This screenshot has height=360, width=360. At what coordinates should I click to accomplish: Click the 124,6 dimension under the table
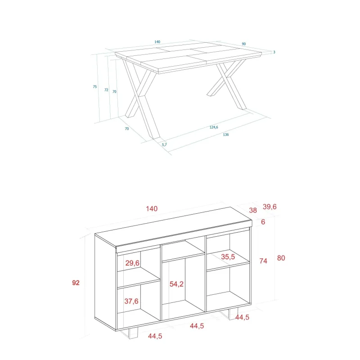tap(214, 127)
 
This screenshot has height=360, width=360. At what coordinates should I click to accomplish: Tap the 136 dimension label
tap(226, 135)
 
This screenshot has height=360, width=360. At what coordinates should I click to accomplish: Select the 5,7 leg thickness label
tap(164, 144)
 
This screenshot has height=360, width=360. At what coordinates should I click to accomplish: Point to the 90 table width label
tap(244, 44)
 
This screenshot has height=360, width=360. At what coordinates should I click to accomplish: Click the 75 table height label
tap(95, 86)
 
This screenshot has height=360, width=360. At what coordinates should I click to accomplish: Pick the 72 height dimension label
tap(106, 90)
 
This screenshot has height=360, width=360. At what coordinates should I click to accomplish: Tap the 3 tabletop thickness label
tap(274, 52)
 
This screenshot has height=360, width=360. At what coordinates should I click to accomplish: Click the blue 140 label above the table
tap(157, 42)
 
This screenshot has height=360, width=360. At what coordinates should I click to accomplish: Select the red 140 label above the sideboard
tap(152, 209)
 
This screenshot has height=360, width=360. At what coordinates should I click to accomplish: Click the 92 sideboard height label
tap(76, 283)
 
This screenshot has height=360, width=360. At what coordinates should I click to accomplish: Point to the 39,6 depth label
tap(270, 207)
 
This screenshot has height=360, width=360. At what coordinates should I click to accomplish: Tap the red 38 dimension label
tap(253, 210)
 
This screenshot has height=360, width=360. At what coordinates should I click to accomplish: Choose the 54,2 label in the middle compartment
tap(176, 284)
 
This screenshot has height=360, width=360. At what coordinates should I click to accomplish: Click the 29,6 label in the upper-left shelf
tap(132, 263)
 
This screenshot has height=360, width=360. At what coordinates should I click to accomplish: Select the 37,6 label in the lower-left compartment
tap(131, 301)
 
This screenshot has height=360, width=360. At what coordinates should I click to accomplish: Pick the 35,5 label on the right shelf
tap(228, 256)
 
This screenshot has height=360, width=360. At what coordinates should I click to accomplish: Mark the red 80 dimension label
tap(281, 258)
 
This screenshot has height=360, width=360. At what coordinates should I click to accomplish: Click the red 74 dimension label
tap(263, 261)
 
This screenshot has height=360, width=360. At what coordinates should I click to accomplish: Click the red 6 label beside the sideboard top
tap(263, 222)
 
